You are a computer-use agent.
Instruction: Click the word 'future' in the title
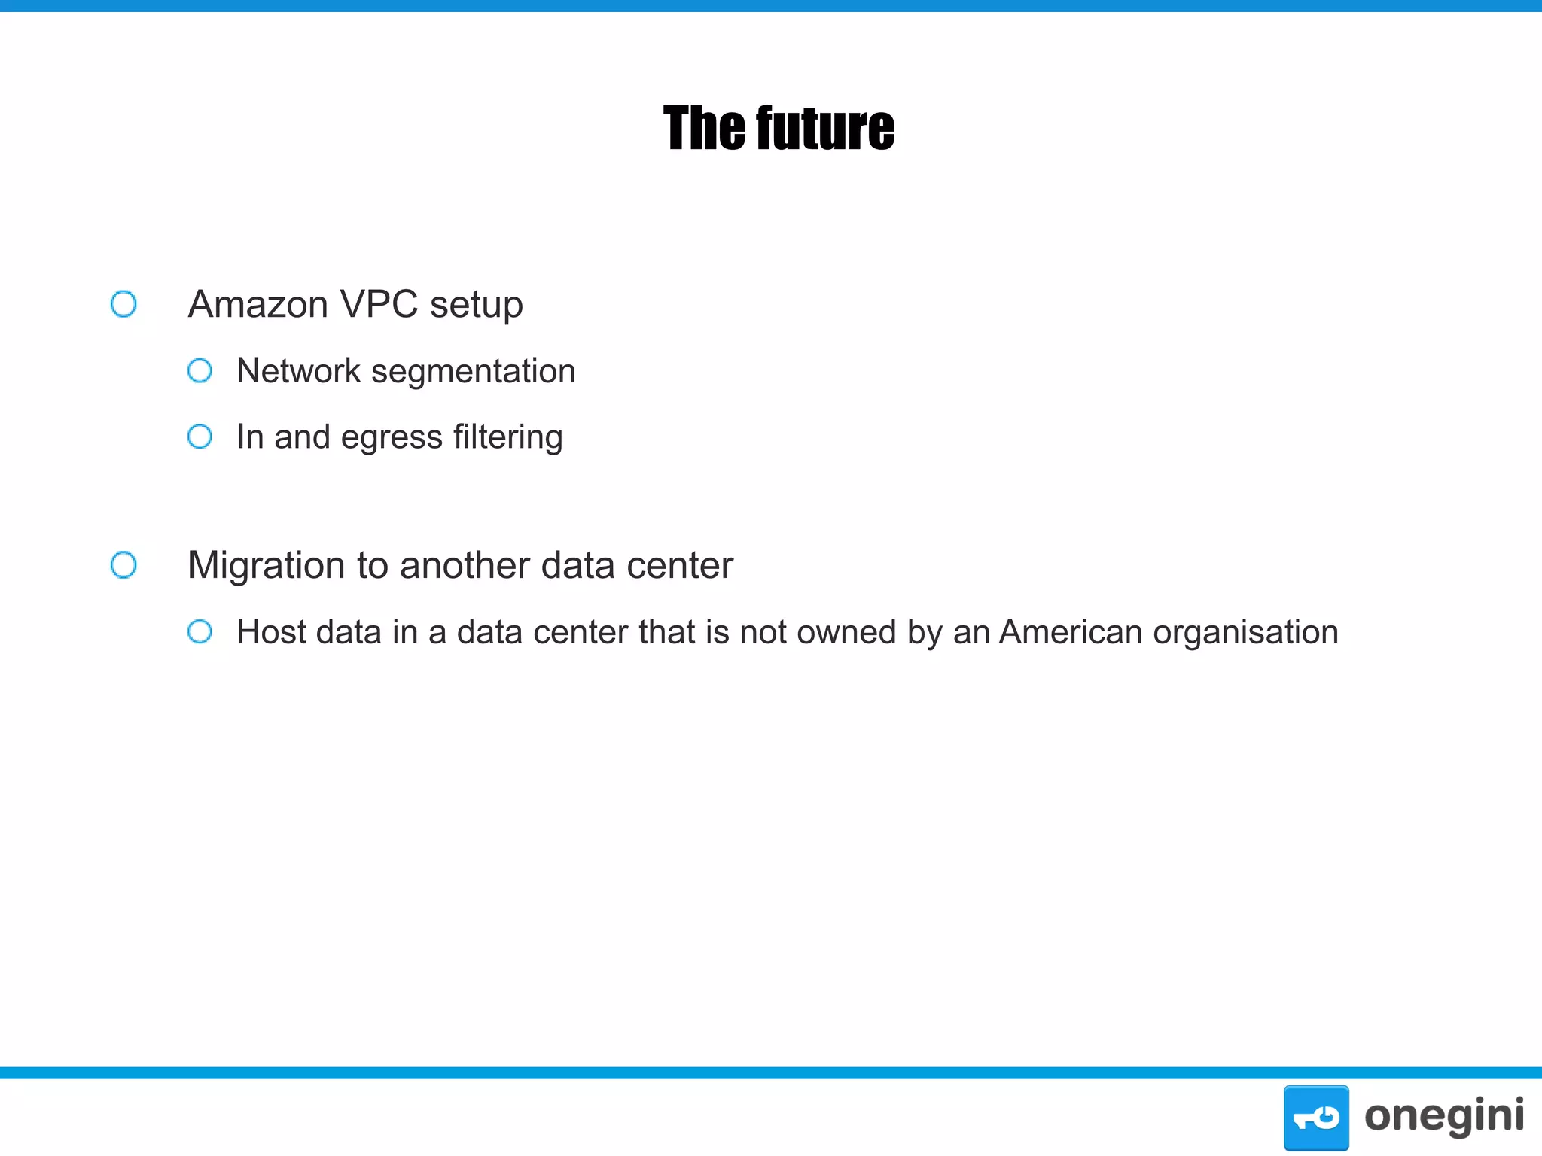(x=825, y=129)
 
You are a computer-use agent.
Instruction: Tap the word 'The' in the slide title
(x=703, y=129)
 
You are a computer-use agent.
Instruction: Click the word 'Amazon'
(x=258, y=305)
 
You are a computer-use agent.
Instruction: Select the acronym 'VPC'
(x=379, y=305)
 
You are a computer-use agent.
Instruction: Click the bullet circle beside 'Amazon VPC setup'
(x=123, y=304)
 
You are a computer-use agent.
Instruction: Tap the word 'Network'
(x=299, y=371)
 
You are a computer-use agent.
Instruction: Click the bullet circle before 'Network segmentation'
(x=200, y=370)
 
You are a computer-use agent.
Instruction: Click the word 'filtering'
(x=508, y=437)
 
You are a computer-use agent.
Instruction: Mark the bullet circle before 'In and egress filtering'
(x=200, y=437)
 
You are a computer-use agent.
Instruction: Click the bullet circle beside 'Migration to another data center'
(x=123, y=565)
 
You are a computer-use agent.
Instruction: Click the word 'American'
(x=1071, y=632)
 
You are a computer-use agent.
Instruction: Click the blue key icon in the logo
(x=1315, y=1118)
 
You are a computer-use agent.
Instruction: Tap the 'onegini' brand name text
(x=1444, y=1116)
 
